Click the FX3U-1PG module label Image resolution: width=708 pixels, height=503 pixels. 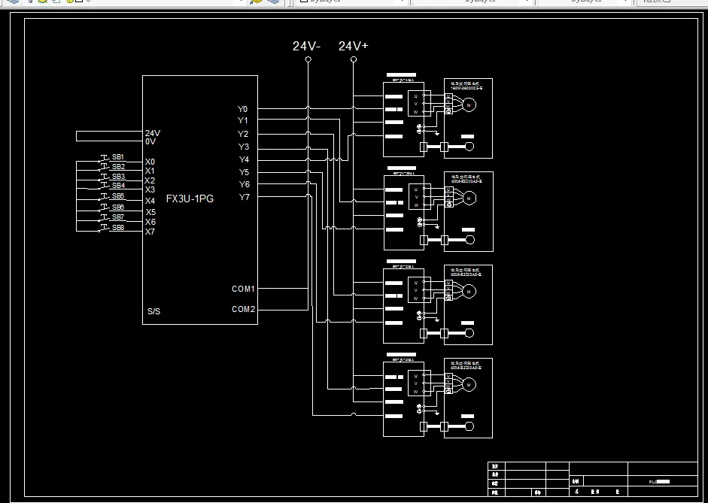pos(190,199)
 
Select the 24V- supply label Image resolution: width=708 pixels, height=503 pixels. pos(307,47)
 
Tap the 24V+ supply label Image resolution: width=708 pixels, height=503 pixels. pos(354,47)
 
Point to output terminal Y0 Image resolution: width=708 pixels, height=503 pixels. pos(243,110)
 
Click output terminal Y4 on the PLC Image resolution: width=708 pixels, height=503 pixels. pos(244,160)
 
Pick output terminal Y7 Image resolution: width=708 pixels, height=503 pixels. pos(244,198)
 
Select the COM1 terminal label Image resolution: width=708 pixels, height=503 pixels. pos(243,289)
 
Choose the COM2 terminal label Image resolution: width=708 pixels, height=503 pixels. pos(243,309)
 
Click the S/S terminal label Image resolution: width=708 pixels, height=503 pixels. pos(153,311)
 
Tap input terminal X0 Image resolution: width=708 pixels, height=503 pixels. pos(150,162)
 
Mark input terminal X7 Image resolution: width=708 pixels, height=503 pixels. pos(150,232)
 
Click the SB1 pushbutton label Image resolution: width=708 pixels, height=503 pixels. pos(118,157)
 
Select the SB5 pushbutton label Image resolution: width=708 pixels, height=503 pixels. pos(118,196)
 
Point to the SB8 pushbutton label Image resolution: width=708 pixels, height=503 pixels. pos(118,227)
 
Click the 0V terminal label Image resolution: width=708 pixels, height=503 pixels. pos(150,141)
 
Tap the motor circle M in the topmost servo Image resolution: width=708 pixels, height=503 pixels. pos(469,105)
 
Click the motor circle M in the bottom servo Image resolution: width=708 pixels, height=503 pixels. pos(469,385)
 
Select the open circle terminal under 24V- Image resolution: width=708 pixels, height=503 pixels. pos(308,59)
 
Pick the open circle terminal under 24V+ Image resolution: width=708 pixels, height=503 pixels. pos(354,59)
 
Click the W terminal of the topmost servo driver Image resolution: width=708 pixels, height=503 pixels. pos(415,111)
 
